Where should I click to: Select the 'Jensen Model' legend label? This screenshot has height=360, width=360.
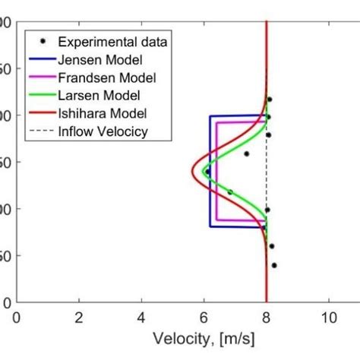pyautogui.click(x=103, y=59)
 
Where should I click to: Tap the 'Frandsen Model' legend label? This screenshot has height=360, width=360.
pyautogui.click(x=108, y=77)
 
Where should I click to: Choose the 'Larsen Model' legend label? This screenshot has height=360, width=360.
pyautogui.click(x=102, y=96)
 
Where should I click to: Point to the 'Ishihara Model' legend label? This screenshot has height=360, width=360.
pyautogui.click(x=105, y=114)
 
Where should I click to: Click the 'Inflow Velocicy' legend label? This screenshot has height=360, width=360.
pyautogui.click(x=106, y=132)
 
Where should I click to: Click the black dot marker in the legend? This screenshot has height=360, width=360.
pyautogui.click(x=39, y=41)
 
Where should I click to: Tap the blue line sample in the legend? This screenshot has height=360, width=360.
pyautogui.click(x=39, y=59)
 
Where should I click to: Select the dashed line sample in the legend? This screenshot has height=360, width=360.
pyautogui.click(x=39, y=132)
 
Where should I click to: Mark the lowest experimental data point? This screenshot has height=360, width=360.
pyautogui.click(x=274, y=265)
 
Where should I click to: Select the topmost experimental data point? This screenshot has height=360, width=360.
pyautogui.click(x=269, y=99)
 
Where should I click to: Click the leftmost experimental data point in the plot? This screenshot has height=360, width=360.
pyautogui.click(x=207, y=172)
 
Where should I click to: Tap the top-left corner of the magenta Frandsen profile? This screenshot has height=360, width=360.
pyautogui.click(x=217, y=122)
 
